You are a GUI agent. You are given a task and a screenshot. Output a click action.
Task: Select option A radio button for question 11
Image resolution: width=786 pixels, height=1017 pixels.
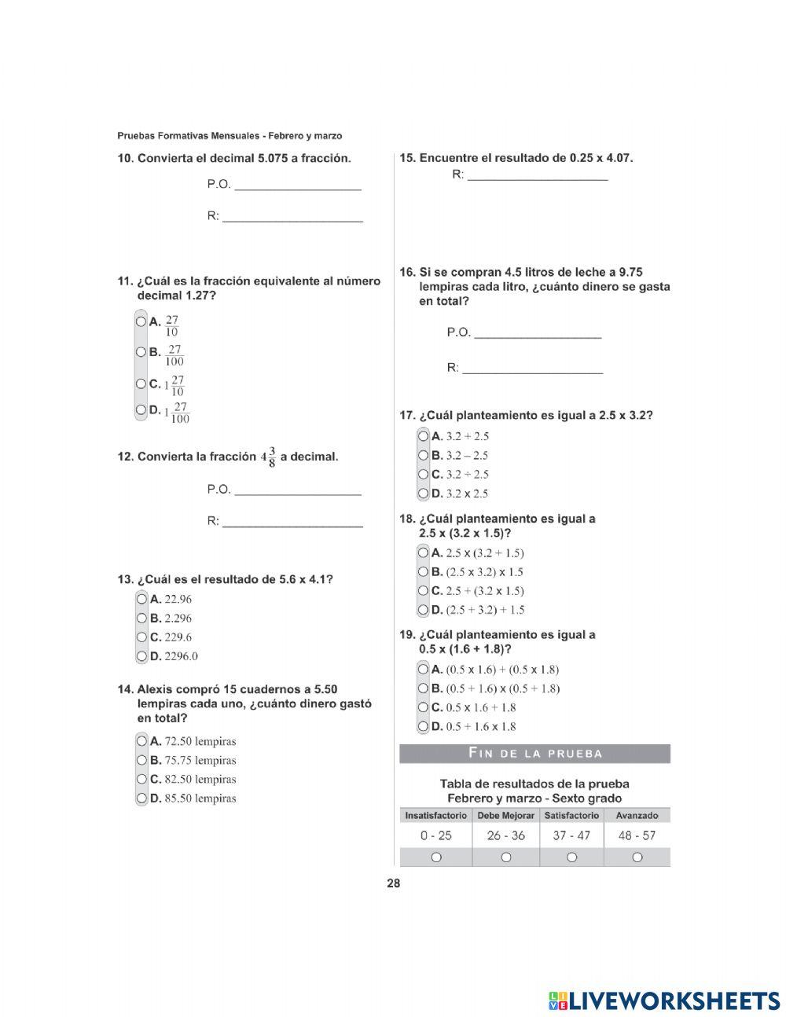141,321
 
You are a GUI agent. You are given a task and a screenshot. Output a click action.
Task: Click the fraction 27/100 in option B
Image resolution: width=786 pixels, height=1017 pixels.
174,356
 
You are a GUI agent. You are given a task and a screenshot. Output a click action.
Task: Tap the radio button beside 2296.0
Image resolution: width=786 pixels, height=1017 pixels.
141,656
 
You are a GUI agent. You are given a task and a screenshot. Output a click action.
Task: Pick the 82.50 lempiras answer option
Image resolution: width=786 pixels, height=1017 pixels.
141,779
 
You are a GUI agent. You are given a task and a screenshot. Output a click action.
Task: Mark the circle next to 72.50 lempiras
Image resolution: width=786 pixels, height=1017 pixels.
141,740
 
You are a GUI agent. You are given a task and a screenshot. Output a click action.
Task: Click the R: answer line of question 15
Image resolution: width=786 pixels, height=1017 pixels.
537,176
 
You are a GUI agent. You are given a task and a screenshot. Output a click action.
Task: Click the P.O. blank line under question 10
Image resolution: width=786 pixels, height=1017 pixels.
298,185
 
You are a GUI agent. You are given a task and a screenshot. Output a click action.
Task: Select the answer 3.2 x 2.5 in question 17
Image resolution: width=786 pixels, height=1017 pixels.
424,494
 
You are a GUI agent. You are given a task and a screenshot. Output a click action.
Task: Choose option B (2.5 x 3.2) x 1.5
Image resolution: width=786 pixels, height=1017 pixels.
424,572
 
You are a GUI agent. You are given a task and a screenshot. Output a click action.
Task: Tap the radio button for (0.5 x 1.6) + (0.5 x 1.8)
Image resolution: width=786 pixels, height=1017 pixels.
424,670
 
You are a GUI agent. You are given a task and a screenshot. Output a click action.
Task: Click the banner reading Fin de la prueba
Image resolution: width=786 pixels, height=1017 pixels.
534,754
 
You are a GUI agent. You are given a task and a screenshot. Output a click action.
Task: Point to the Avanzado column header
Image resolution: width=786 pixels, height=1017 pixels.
637,816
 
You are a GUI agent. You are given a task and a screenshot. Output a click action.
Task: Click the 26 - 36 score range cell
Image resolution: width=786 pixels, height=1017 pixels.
505,835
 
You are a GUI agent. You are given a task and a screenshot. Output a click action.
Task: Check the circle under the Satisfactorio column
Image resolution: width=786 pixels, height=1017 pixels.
571,857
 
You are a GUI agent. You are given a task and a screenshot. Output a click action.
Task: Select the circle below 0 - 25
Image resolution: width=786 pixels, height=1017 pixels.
435,857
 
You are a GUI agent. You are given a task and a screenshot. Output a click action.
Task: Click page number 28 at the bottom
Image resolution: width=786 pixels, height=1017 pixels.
393,883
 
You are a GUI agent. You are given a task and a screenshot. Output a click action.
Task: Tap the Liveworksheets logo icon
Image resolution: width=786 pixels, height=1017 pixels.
558,1000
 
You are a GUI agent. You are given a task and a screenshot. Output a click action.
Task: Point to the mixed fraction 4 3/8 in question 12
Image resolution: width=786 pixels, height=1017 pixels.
268,457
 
